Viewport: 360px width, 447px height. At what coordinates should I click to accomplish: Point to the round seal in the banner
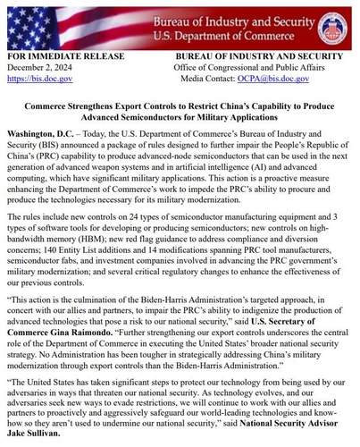point(332,23)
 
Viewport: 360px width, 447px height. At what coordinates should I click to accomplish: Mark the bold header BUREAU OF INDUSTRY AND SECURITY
point(266,55)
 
